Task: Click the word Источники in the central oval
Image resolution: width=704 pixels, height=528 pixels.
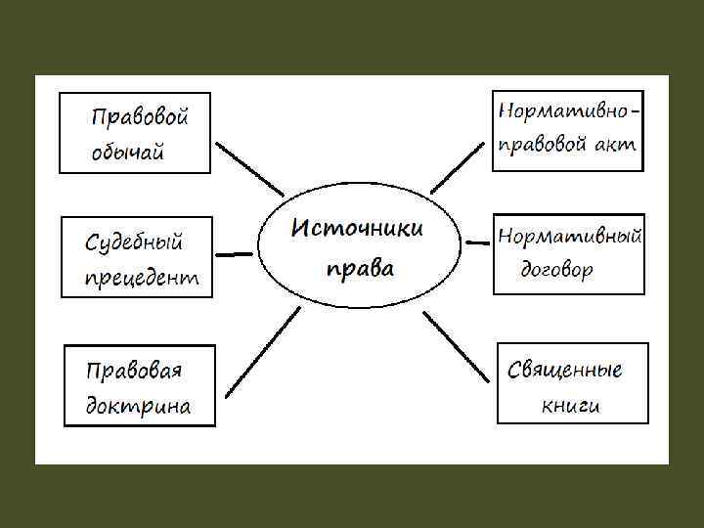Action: [x=358, y=229]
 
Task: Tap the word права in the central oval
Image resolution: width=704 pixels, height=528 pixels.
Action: [x=360, y=267]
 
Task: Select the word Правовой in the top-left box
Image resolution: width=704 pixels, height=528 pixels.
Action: [x=139, y=117]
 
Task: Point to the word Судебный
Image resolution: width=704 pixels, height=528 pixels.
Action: [x=134, y=241]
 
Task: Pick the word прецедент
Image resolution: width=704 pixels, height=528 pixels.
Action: [x=142, y=277]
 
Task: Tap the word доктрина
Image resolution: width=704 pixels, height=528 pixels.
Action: [x=138, y=405]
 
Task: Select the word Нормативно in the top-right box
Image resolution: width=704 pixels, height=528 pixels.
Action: [x=564, y=110]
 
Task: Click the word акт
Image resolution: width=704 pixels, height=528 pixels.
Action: [x=616, y=145]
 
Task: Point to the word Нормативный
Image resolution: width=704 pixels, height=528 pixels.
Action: [x=569, y=236]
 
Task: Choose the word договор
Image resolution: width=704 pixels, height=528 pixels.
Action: [x=556, y=270]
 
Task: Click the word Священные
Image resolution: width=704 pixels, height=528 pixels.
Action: [x=565, y=370]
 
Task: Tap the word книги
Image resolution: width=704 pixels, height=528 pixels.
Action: [x=570, y=404]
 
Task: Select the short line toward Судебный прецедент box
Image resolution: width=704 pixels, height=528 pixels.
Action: [x=233, y=253]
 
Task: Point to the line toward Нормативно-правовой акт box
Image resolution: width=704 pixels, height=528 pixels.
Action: [x=457, y=165]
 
